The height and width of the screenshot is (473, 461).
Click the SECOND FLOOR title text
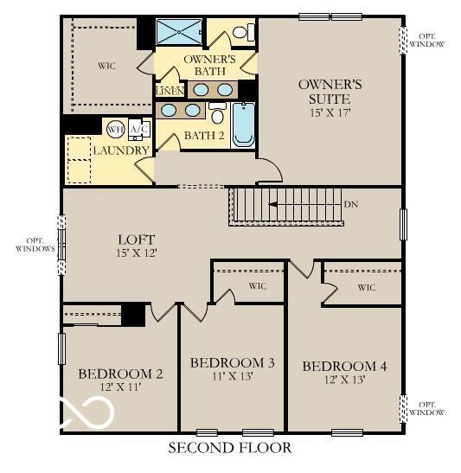pyautogui.click(x=229, y=448)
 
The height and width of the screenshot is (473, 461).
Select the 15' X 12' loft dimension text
pyautogui.click(x=136, y=253)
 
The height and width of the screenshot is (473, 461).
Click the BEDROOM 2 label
pyautogui.click(x=120, y=374)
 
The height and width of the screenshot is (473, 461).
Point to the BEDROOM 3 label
pyautogui.click(x=232, y=362)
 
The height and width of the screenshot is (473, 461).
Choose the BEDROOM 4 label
pyautogui.click(x=344, y=367)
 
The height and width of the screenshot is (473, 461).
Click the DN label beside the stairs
pyautogui.click(x=350, y=205)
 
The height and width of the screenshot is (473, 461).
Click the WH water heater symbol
pyautogui.click(x=115, y=130)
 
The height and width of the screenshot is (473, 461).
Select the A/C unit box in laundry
pyautogui.click(x=138, y=130)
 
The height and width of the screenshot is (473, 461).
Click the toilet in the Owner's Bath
pyautogui.click(x=245, y=33)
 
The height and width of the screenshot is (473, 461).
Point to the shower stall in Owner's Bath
pyautogui.click(x=180, y=32)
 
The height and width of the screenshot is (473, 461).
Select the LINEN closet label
pyautogui.click(x=170, y=90)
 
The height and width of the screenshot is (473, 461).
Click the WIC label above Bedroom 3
pyautogui.click(x=257, y=286)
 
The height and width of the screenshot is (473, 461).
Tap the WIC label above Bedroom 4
pyautogui.click(x=367, y=287)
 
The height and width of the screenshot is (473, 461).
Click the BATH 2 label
pyautogui.click(x=203, y=136)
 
